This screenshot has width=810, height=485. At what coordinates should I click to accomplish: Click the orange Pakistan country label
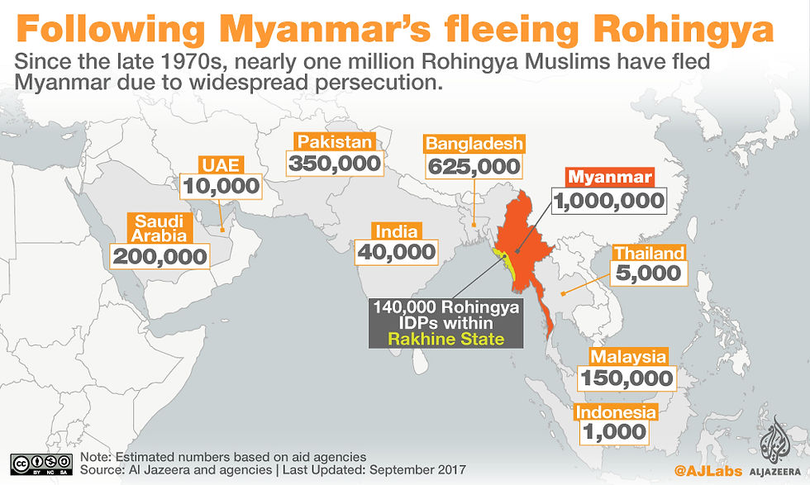pos(335,141)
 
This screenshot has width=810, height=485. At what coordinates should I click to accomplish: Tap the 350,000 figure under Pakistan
pos(335,163)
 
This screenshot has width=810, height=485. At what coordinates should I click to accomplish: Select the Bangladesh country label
pos(474,144)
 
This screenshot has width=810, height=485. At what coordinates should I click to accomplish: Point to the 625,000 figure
pos(474,166)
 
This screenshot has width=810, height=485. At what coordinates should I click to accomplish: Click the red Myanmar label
pos(609,178)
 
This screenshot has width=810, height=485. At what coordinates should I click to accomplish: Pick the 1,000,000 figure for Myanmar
pos(609,200)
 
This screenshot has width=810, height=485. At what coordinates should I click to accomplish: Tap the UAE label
pos(221,164)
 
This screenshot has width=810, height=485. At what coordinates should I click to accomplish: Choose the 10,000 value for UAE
pos(221,186)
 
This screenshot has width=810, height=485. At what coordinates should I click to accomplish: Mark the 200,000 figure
pos(160,256)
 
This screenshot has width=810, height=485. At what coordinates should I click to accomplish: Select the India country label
pos(395,231)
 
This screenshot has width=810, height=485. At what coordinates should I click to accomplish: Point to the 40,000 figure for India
pos(395,252)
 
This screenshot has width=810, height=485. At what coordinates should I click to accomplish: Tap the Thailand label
pos(647,254)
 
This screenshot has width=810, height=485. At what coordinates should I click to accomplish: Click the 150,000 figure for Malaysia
pos(627,378)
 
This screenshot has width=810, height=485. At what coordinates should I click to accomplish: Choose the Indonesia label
pos(616,411)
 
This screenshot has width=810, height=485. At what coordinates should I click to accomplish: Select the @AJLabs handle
pos(700,470)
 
